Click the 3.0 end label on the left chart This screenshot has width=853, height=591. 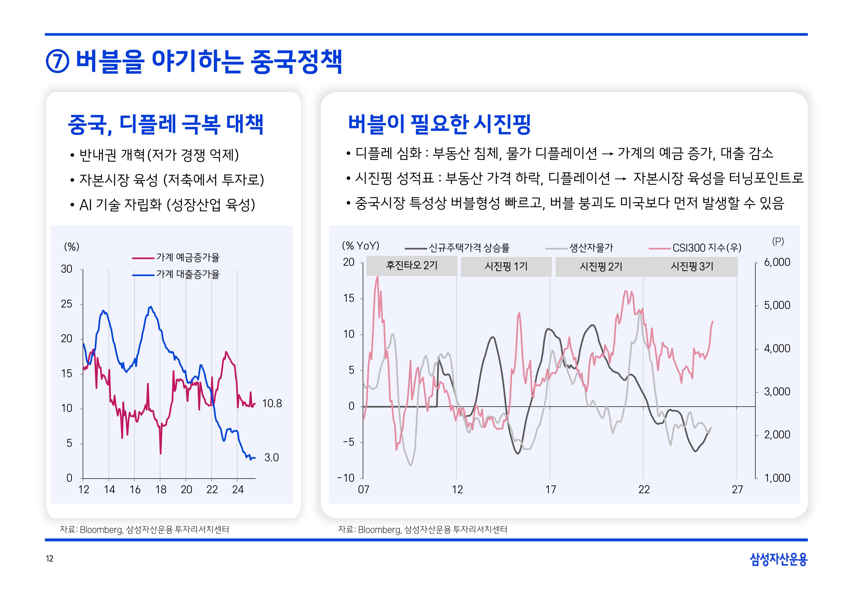[x=271, y=458]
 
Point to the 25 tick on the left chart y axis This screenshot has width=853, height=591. [x=67, y=304]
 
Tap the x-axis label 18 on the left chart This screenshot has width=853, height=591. [x=161, y=490]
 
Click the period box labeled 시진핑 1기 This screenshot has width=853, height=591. [x=506, y=266]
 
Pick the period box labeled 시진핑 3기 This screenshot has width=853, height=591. [x=692, y=266]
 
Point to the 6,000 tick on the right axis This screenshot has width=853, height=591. [x=777, y=262]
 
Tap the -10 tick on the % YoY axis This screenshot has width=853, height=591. [x=346, y=478]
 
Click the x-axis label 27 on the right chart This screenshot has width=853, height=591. [x=737, y=490]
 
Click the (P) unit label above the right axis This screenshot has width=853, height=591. [x=778, y=241]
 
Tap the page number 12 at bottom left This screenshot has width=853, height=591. [x=50, y=559]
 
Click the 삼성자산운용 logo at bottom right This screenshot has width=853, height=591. [x=778, y=559]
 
